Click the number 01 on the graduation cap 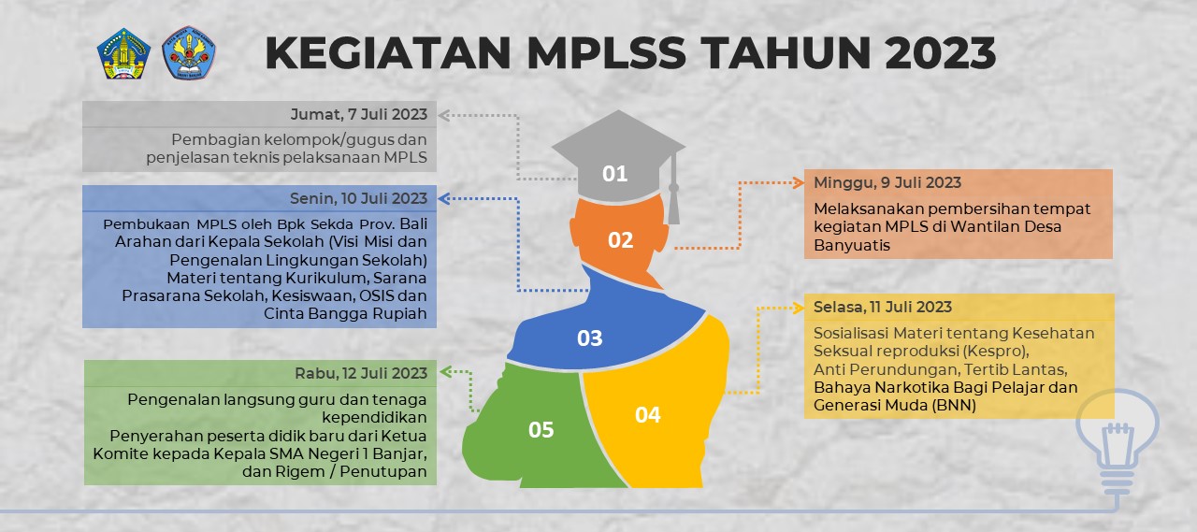click(614, 173)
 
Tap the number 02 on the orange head click(621, 240)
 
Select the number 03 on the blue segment click(589, 338)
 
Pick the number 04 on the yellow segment click(648, 414)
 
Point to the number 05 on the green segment click(541, 430)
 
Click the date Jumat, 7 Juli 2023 click(359, 114)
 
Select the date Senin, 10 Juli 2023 click(359, 198)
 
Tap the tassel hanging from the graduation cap click(673, 192)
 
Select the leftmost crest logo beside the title click(124, 53)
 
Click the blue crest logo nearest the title click(189, 53)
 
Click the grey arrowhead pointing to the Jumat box click(445, 115)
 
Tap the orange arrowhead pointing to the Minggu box click(798, 182)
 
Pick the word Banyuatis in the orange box click(852, 245)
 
